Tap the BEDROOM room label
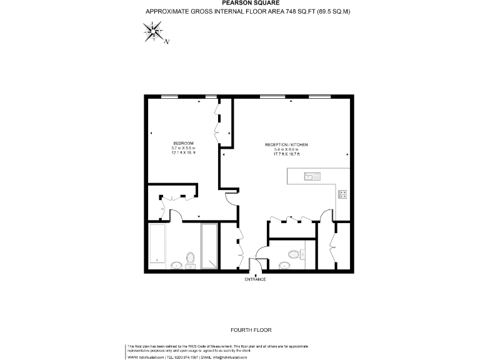pos(184,142)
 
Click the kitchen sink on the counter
pos(311,177)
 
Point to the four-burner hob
pos(343,194)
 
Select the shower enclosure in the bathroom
pos(209,245)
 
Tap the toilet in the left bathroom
pos(191,258)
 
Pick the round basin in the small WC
pos(284,265)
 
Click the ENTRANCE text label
pos(256,279)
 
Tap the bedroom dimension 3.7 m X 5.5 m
pos(184,147)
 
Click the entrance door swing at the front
pos(254,264)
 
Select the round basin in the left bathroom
pos(179,265)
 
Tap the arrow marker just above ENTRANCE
pos(256,274)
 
